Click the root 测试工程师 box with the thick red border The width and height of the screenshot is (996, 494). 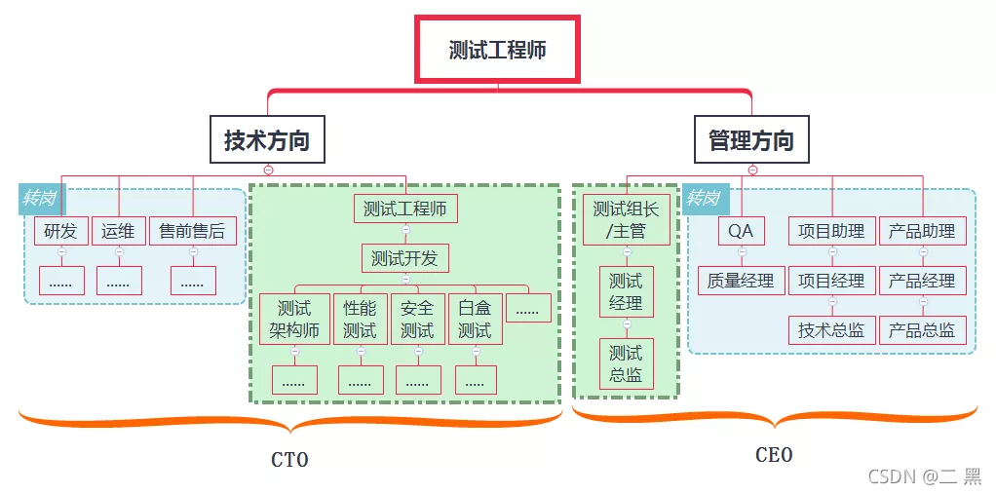point(497,50)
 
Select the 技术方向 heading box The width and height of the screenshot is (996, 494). point(267,139)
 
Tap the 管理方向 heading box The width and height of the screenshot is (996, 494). point(751,139)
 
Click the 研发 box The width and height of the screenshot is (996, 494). point(61,231)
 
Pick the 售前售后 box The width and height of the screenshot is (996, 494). point(192,231)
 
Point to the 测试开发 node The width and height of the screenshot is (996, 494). point(405,258)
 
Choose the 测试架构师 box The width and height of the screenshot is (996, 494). point(294,319)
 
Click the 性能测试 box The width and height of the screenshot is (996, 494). point(361,319)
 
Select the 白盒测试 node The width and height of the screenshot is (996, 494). point(476,319)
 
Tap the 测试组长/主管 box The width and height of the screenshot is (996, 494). point(627,219)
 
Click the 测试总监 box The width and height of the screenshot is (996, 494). point(627,363)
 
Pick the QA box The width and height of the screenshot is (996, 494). point(741,231)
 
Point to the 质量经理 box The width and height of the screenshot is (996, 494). point(741,280)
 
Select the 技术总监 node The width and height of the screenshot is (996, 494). point(832,329)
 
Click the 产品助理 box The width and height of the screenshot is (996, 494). point(922,231)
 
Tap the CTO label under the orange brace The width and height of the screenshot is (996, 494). point(289,459)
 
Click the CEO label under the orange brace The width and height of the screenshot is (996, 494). point(775,455)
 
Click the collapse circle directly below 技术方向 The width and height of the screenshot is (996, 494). point(268,170)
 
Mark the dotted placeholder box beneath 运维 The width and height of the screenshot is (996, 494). point(119,281)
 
